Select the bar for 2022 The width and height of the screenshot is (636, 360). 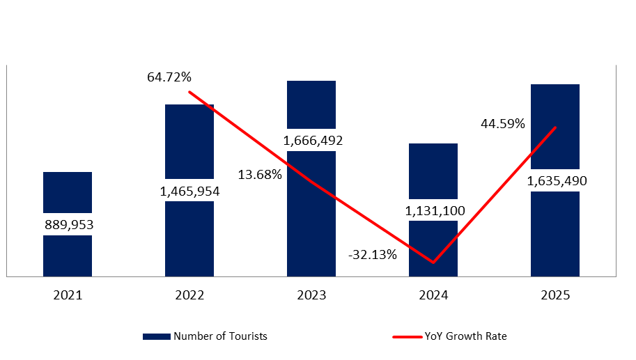(x=189, y=240)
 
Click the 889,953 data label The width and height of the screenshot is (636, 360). (x=68, y=224)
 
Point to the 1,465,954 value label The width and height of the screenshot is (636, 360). (x=189, y=190)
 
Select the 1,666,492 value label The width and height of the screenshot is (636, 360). (x=311, y=141)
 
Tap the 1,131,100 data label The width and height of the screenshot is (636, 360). (x=433, y=210)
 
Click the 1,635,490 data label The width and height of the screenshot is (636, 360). (x=555, y=181)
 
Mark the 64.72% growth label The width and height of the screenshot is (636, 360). (x=169, y=77)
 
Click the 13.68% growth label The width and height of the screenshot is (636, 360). (x=259, y=174)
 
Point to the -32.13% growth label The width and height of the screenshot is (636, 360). (x=373, y=254)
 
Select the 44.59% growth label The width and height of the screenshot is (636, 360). (x=502, y=124)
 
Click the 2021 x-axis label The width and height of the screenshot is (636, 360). (x=68, y=295)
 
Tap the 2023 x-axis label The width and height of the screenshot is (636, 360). (x=311, y=295)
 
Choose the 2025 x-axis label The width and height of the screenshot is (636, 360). (x=555, y=295)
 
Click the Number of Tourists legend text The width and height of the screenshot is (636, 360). (x=220, y=336)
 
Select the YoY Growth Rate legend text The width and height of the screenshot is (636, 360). (x=465, y=336)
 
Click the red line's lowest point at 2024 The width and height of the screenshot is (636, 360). (x=433, y=263)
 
